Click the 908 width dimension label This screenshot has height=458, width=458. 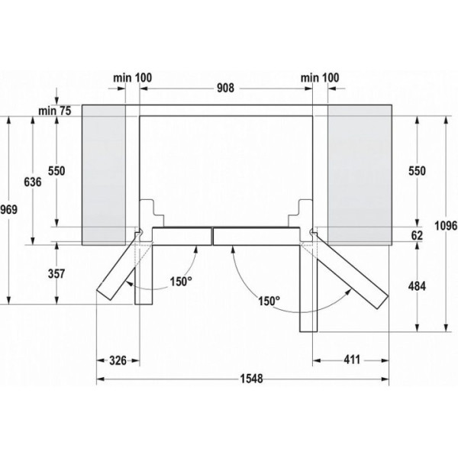[x=225, y=88]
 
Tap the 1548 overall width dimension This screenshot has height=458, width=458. [x=251, y=379]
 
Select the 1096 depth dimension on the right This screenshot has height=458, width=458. [x=446, y=225]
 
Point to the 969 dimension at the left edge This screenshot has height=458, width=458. [x=8, y=209]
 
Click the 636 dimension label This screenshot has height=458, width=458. [x=33, y=182]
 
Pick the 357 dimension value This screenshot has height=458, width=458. [x=56, y=274]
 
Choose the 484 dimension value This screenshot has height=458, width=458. [x=417, y=286]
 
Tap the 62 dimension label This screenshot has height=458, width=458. [x=417, y=235]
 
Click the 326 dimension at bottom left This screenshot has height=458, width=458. [x=118, y=360]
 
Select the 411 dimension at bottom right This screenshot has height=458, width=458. [x=352, y=360]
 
